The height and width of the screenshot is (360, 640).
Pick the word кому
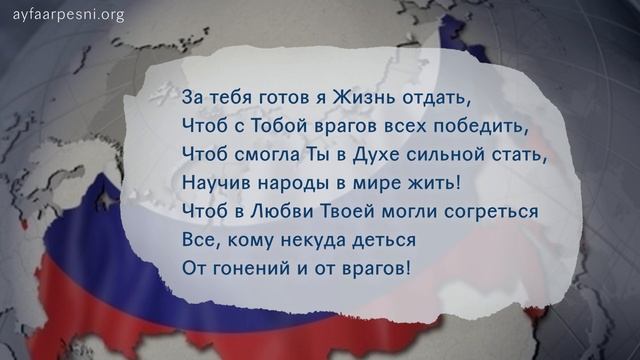click(x=253, y=240)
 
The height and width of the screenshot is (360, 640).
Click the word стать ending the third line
click(x=522, y=155)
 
